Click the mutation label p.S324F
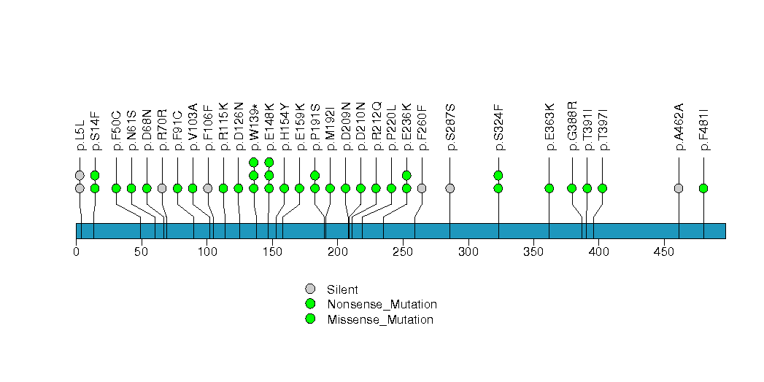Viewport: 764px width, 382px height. point(499,128)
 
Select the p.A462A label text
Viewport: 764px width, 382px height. point(679,127)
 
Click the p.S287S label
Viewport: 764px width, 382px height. point(450,128)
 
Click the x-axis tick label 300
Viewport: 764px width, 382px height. point(468,252)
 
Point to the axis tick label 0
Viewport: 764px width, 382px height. point(77,252)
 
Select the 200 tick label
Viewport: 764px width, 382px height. point(337,252)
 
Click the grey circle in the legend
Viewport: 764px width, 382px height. point(310,289)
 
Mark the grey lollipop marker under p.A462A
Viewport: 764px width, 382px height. point(679,188)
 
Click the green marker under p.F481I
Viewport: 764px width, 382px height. point(703,188)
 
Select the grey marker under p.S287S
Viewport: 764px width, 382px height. point(449,188)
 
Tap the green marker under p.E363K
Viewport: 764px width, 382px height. point(549,188)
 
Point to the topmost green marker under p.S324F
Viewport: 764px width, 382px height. point(498,175)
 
